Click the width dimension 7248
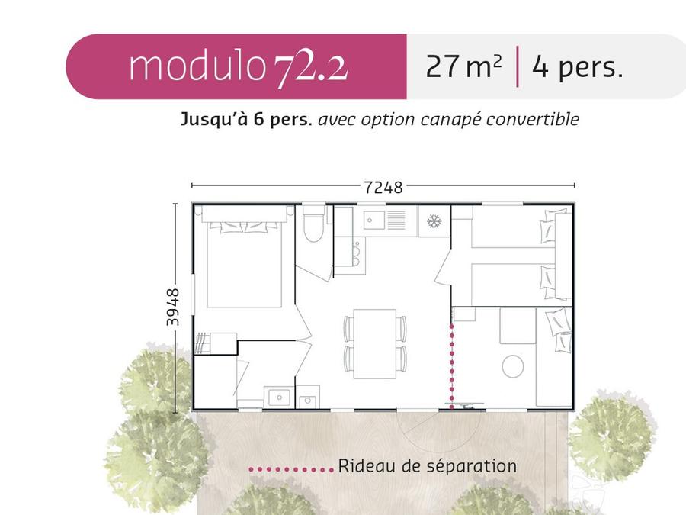pyautogui.click(x=383, y=188)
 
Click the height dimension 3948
pyautogui.click(x=173, y=307)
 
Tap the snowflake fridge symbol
pyautogui.click(x=434, y=221)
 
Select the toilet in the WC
pyautogui.click(x=313, y=224)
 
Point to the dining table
pyautogui.click(x=374, y=344)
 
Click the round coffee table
pyautogui.click(x=513, y=366)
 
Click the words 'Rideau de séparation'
pyautogui.click(x=427, y=466)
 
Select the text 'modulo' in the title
pyautogui.click(x=197, y=66)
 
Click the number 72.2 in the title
pyautogui.click(x=311, y=69)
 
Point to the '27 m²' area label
pyautogui.click(x=463, y=66)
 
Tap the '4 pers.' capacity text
pyautogui.click(x=577, y=67)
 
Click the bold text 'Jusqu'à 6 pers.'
pyautogui.click(x=246, y=120)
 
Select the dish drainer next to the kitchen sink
pyautogui.click(x=396, y=220)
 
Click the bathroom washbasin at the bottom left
pyautogui.click(x=279, y=398)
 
